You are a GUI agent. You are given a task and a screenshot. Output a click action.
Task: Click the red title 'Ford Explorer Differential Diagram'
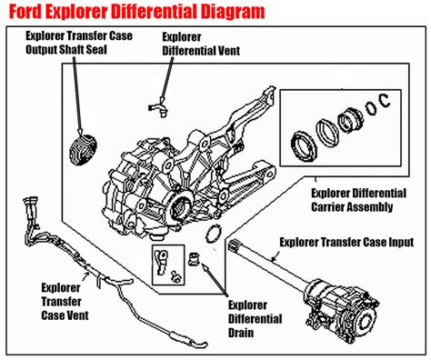pos(137,12)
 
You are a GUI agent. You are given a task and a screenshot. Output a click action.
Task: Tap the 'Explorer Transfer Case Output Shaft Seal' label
pos(79,43)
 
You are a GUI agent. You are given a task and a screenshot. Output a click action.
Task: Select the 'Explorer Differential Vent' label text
pos(201,44)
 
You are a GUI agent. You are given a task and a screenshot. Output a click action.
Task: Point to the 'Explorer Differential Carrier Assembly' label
pos(358,200)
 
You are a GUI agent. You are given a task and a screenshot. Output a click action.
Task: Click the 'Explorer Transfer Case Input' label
pos(346,242)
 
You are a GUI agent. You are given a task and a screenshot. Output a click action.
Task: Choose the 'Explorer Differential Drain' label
pos(255,319)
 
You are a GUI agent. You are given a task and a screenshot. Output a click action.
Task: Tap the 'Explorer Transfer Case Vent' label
pos(65,302)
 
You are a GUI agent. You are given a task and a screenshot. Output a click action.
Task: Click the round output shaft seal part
pos(83,150)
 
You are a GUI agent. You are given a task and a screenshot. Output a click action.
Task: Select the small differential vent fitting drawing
pos(158,109)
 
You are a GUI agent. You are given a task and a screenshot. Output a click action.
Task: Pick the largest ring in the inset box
pos(304,146)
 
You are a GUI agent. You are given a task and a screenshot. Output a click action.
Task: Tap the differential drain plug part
pos(194,259)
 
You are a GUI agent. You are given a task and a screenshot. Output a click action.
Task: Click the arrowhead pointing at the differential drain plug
pos(205,266)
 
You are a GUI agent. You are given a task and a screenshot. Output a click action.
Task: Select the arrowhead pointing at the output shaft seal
pos(80,131)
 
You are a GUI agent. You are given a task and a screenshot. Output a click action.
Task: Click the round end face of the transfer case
pos(366,318)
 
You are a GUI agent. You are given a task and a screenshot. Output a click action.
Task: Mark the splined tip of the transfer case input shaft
pos(234,245)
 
